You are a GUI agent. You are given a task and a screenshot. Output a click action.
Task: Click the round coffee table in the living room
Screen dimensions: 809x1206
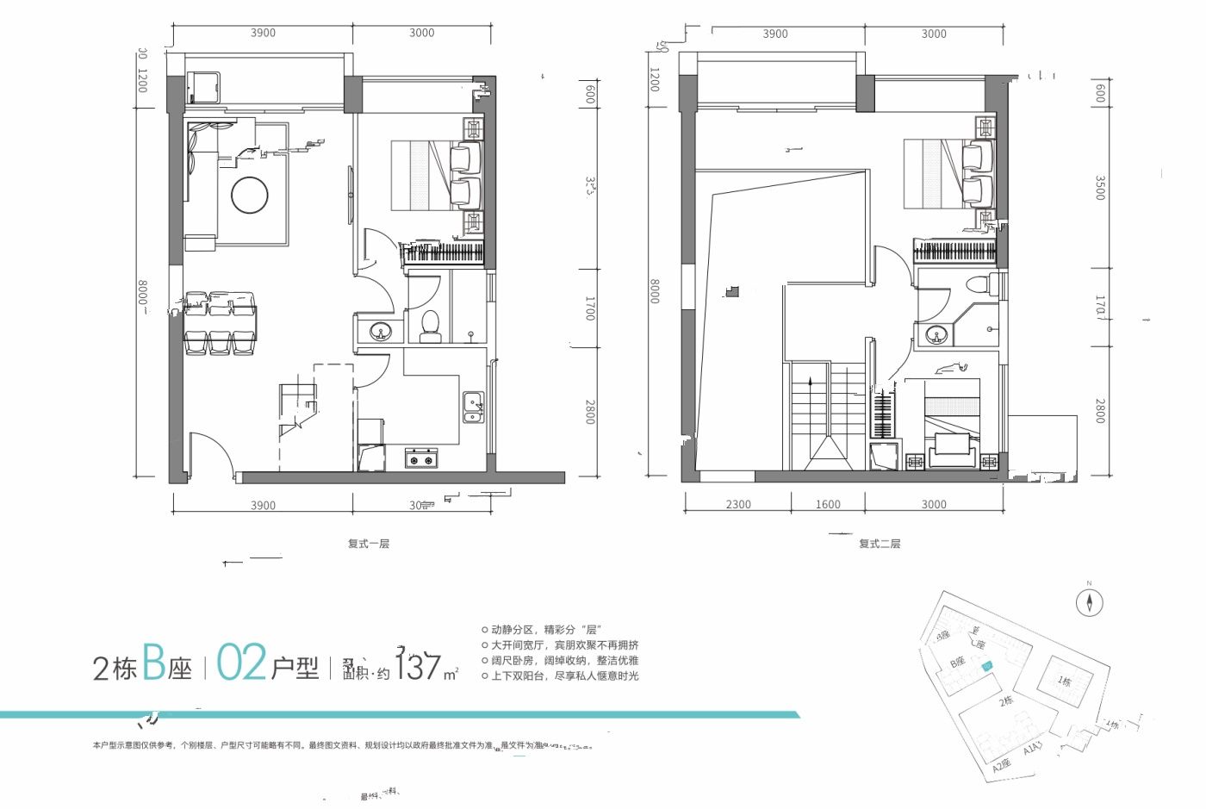[250, 195]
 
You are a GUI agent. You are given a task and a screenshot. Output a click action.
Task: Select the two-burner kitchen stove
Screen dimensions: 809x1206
[421, 458]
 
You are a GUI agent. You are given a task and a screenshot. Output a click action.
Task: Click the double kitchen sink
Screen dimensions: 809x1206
[473, 408]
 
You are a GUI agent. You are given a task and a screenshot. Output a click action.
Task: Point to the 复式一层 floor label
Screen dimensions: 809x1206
[369, 544]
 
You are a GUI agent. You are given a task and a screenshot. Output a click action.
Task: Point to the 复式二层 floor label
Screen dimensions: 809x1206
[880, 544]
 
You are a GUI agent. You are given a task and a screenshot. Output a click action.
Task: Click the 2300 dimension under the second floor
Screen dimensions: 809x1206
[737, 504]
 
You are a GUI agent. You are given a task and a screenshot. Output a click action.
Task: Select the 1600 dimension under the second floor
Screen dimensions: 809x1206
[828, 504]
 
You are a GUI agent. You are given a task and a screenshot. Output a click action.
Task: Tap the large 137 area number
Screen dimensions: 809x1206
[420, 666]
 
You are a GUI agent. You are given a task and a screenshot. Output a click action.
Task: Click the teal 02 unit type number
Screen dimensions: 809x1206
[241, 663]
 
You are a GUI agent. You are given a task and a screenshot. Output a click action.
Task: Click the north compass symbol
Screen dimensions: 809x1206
[1090, 602]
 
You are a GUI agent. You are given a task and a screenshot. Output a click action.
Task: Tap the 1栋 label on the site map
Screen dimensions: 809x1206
[1065, 681]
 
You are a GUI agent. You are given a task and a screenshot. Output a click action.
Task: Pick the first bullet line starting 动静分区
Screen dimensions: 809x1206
[545, 630]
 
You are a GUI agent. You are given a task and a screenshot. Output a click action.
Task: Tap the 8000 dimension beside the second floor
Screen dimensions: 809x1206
[655, 290]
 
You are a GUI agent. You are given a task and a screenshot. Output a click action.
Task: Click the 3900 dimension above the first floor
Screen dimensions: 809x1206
[263, 33]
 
